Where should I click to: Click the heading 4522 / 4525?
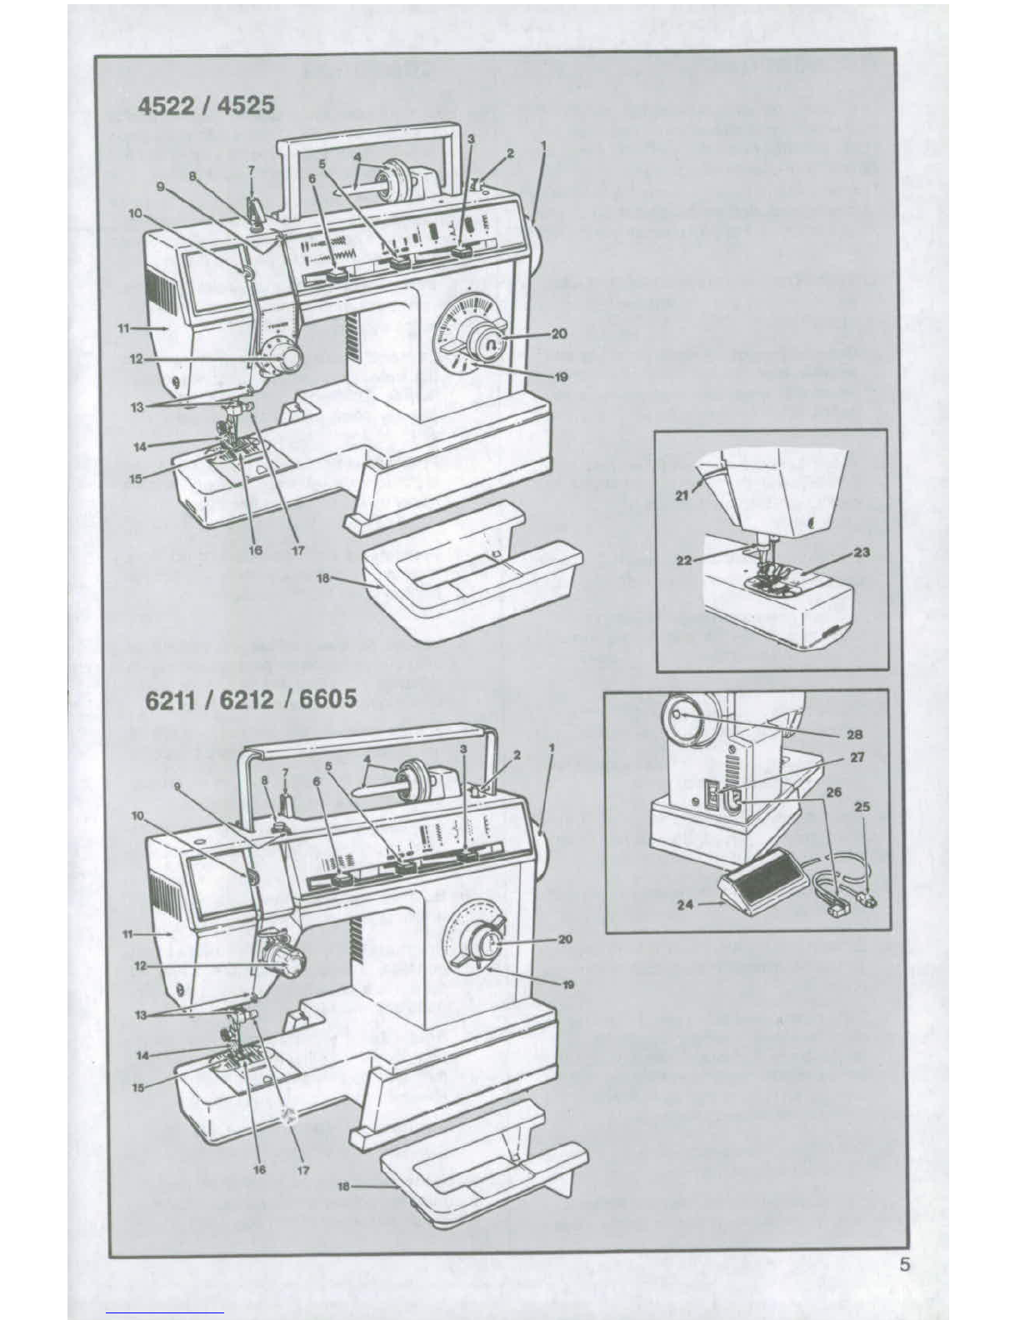(206, 107)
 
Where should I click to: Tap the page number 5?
(905, 1265)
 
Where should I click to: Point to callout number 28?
(856, 734)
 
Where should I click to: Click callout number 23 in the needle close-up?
(862, 552)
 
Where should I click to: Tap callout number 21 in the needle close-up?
(682, 495)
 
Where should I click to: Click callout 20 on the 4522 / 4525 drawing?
(559, 333)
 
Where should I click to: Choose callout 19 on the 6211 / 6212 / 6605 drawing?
(568, 984)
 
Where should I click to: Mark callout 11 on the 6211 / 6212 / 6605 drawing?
(128, 934)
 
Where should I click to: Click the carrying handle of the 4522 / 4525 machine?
(367, 133)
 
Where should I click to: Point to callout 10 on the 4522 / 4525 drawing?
(135, 213)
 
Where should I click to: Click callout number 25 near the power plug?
(862, 807)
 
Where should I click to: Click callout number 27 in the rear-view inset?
(857, 757)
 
